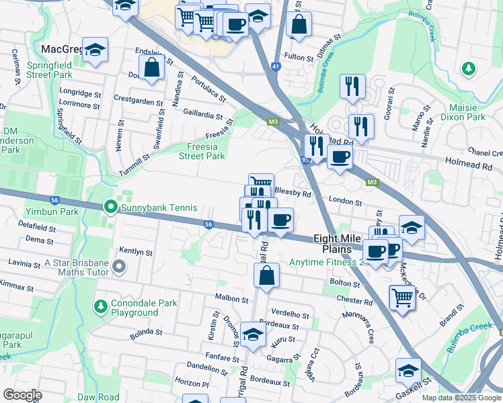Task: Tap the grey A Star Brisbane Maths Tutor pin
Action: (x=120, y=267)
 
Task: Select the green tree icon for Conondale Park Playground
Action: (x=100, y=306)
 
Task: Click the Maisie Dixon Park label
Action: (x=463, y=111)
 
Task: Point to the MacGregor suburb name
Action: (x=61, y=49)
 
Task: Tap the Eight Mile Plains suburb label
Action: (x=342, y=244)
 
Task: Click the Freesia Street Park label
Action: (x=202, y=151)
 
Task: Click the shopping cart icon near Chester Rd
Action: (x=402, y=296)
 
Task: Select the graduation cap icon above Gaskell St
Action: (x=408, y=370)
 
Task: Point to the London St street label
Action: (x=346, y=201)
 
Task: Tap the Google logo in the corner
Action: (x=23, y=394)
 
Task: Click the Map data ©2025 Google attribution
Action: (x=460, y=398)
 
